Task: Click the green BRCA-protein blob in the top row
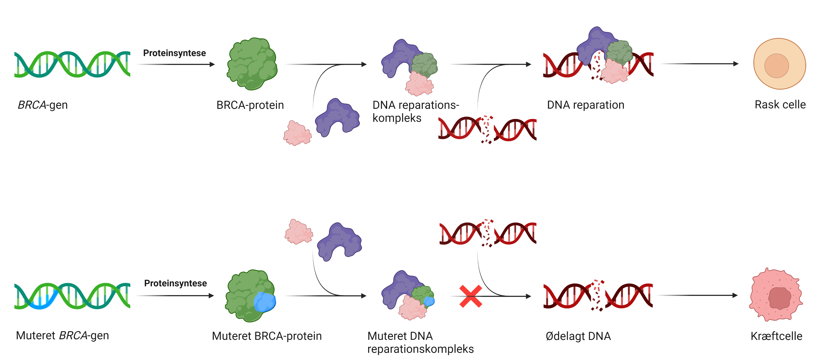pos(252,64)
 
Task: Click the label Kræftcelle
pos(776,336)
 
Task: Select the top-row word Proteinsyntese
pos(174,53)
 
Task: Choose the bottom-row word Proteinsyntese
pos(175,283)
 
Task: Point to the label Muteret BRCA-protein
pos(267,336)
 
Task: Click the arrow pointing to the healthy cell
pos(700,64)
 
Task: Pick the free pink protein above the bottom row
pos(298,232)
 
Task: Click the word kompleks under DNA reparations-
pos(397,118)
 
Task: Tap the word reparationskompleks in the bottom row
pos(420,349)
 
